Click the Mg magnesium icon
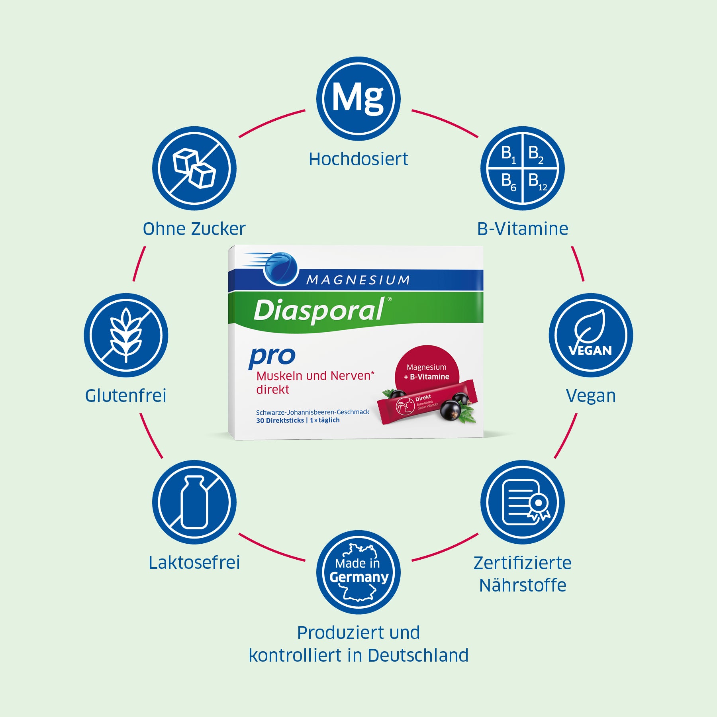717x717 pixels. tap(358, 98)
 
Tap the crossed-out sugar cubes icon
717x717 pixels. tap(194, 168)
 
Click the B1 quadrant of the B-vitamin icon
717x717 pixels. tap(508, 154)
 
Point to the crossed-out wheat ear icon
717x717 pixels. tap(126, 335)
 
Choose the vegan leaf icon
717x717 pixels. tap(590, 335)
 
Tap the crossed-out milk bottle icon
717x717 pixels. tap(194, 502)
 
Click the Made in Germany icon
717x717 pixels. tap(358, 572)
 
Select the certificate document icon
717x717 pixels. tap(523, 502)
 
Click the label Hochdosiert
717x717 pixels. tap(358, 159)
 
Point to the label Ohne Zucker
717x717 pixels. tap(194, 229)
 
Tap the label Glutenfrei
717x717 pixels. tap(126, 396)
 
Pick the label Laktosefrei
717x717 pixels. tap(194, 562)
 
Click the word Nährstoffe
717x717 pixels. tap(523, 585)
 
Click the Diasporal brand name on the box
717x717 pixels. tap(319, 310)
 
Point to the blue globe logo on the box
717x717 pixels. tap(280, 268)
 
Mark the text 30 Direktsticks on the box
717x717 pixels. tap(280, 420)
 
